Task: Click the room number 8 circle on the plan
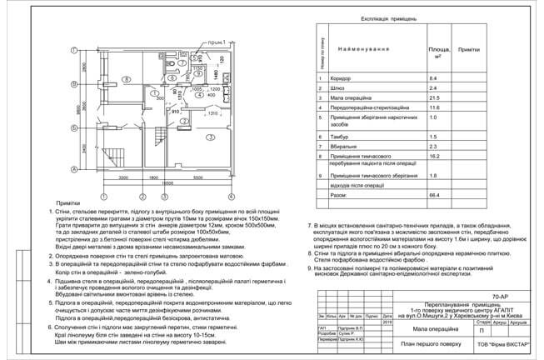coord(125,79)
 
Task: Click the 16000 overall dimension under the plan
coord(167,183)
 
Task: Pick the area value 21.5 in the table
coord(432,97)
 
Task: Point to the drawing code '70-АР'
coord(502,296)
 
